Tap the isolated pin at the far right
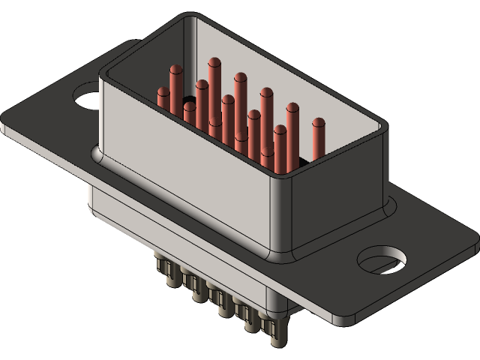[x=319, y=138]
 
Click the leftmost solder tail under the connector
[x=160, y=267]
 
